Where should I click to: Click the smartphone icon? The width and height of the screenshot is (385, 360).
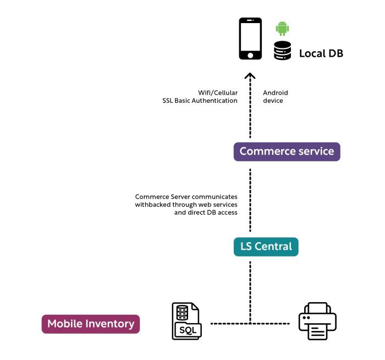point(250,39)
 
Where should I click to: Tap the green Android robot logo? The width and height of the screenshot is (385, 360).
point(282,29)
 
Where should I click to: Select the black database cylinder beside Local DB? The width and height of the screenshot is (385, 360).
point(282,51)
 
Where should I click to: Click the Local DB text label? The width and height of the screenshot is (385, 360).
point(321,54)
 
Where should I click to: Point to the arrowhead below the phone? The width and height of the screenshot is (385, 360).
point(250,77)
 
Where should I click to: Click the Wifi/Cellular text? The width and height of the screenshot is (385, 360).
point(218,92)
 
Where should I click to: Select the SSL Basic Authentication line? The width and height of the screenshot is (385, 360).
point(200,101)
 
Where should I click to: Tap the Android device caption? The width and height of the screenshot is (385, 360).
point(275,97)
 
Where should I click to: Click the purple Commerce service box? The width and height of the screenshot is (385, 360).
point(287,151)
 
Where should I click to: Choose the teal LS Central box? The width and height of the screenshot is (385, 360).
point(266,247)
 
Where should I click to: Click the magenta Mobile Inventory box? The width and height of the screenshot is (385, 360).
point(91,324)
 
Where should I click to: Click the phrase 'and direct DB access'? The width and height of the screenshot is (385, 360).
point(206,212)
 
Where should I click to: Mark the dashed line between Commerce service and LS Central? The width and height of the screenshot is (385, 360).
point(250,198)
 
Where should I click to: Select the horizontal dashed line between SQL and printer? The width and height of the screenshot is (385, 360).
point(250,323)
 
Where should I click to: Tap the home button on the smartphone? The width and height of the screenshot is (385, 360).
point(250,55)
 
